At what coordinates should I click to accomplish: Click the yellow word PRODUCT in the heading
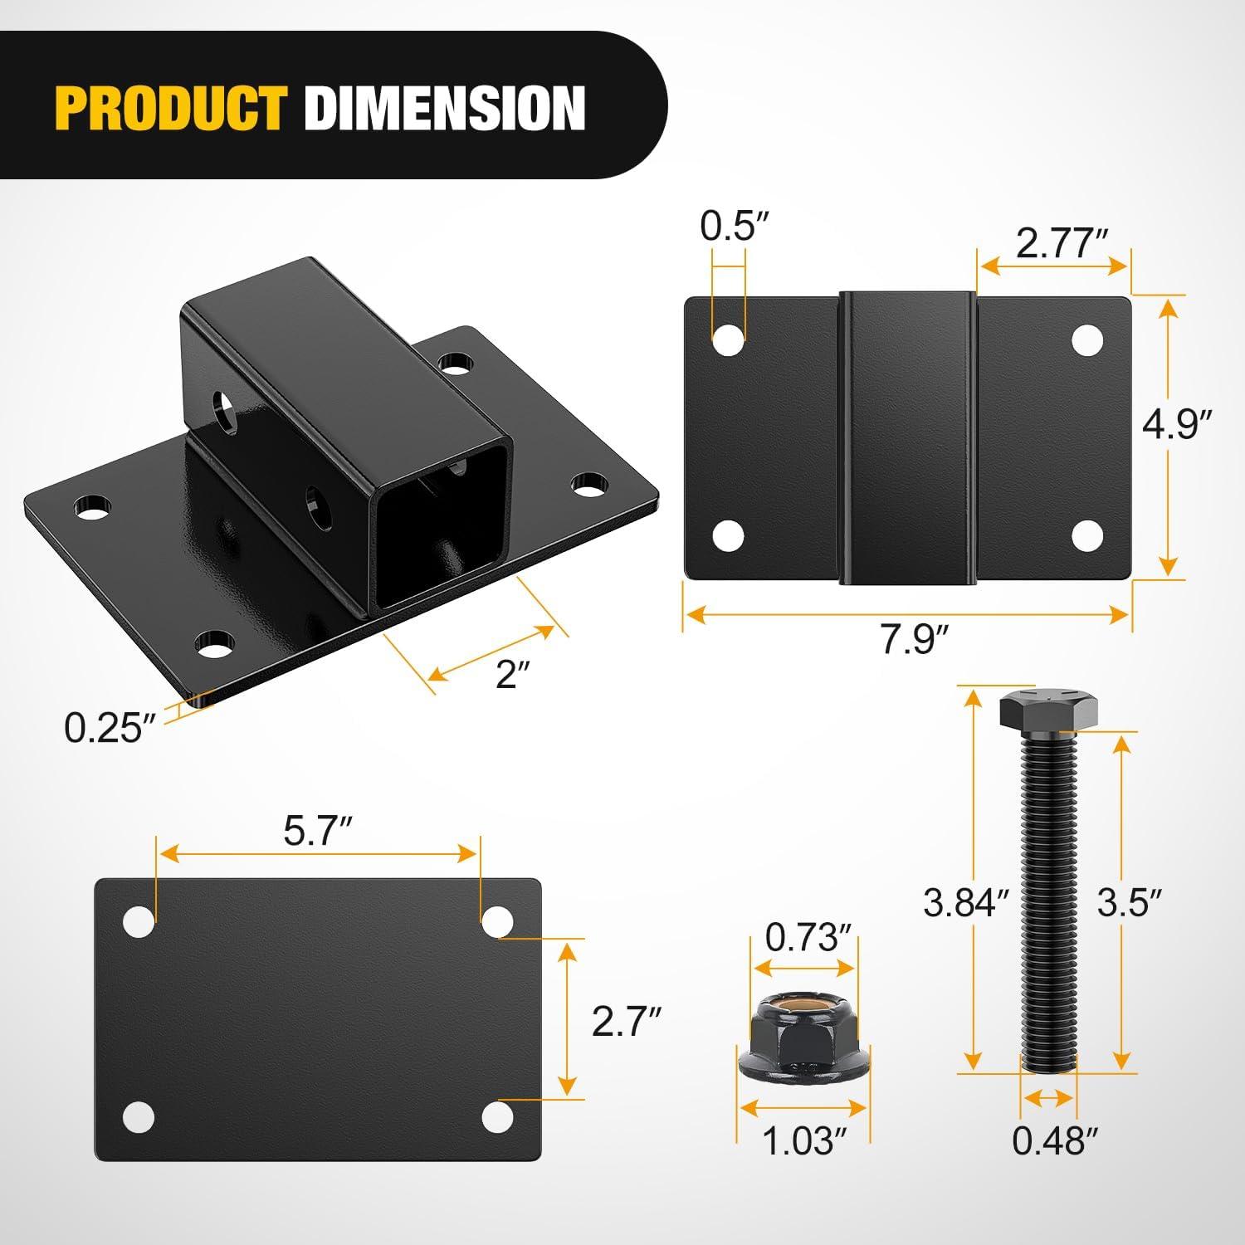click(x=171, y=108)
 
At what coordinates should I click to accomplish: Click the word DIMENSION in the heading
click(x=444, y=108)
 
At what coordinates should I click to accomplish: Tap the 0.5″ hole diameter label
click(x=730, y=226)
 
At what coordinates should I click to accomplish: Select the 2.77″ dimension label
click(x=1062, y=245)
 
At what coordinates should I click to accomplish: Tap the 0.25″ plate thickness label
click(x=110, y=729)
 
